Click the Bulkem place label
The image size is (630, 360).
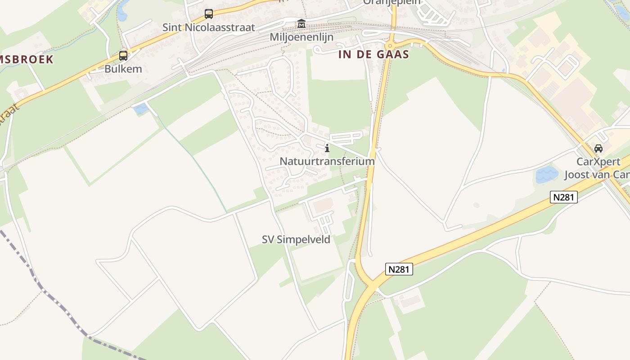pos(123,69)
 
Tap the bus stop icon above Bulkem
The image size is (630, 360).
pos(123,56)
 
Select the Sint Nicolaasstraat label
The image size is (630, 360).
pos(209,27)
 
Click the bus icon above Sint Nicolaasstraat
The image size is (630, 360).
pos(209,13)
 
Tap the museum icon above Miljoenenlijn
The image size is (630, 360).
pos(301,23)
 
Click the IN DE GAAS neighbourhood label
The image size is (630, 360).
pos(373,55)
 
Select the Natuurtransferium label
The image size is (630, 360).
pos(327,161)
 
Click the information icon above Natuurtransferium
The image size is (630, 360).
pos(327,148)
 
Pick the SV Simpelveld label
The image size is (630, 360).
pos(296,239)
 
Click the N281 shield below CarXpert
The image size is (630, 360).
pos(563,197)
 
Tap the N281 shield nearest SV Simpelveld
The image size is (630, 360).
pos(399,269)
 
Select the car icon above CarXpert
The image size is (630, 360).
pos(598,148)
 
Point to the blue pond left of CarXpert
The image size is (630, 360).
pos(546,174)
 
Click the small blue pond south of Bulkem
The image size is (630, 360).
pos(140,108)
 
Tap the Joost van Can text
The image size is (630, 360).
pos(597,175)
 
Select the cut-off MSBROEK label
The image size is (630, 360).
pos(27,59)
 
